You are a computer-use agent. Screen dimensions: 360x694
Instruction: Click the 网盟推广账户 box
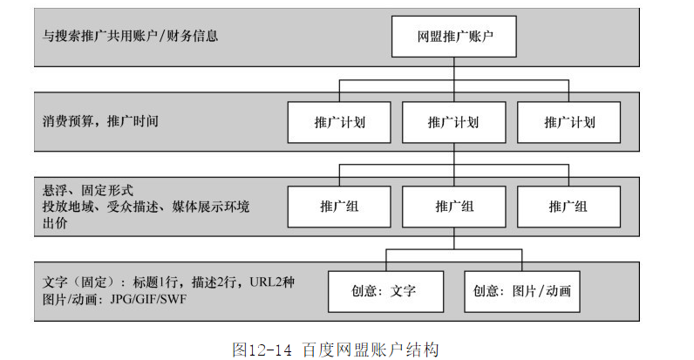454,37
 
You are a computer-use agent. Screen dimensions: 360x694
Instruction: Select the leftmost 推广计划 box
339,122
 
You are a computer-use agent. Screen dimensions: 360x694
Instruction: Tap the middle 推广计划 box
454,122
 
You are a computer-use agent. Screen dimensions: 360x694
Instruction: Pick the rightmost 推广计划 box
568,122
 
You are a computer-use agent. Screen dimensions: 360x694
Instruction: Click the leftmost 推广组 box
339,207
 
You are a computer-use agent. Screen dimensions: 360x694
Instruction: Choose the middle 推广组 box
454,207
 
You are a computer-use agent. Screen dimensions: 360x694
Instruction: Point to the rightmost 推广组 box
568,207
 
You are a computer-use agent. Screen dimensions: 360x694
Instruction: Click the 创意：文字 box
384,290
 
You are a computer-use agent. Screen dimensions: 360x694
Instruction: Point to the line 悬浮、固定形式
87,190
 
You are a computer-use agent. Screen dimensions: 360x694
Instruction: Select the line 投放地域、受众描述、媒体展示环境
146,207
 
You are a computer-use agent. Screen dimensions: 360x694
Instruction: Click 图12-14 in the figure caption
262,349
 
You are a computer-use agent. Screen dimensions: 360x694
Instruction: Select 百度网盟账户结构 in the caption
369,349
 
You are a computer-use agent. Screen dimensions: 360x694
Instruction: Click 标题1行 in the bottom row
157,283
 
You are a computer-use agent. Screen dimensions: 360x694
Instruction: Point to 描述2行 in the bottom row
217,283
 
